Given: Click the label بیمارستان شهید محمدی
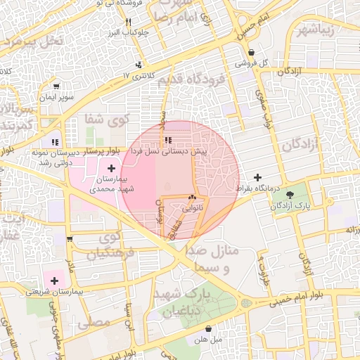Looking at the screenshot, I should [x=111, y=184].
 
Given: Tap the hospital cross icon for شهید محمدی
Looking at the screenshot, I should [x=111, y=168].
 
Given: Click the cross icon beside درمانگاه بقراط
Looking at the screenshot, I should [x=257, y=177].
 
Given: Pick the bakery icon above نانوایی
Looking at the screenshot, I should [x=192, y=198].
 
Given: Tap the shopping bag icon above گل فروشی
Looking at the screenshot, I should [x=251, y=52].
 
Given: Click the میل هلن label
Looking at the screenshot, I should [x=209, y=340].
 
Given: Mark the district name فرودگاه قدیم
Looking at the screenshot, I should [x=190, y=79].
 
